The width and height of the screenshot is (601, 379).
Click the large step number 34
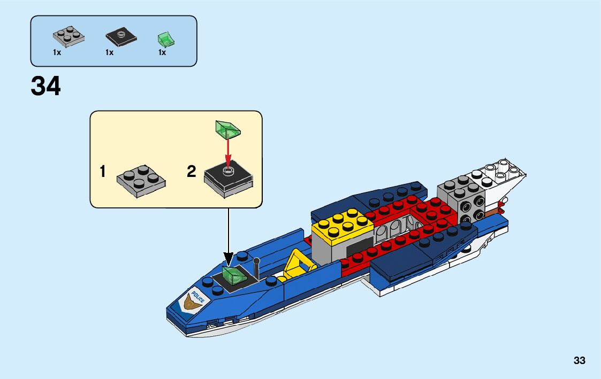[46, 87]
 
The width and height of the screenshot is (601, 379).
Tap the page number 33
[579, 361]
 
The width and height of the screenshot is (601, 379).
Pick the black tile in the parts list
[121, 37]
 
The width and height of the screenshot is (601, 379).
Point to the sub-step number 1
[103, 172]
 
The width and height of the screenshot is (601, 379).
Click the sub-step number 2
[192, 172]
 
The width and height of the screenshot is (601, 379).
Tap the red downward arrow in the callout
[227, 152]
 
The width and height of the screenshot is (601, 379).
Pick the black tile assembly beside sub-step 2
[229, 179]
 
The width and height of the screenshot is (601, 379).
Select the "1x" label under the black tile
[110, 52]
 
